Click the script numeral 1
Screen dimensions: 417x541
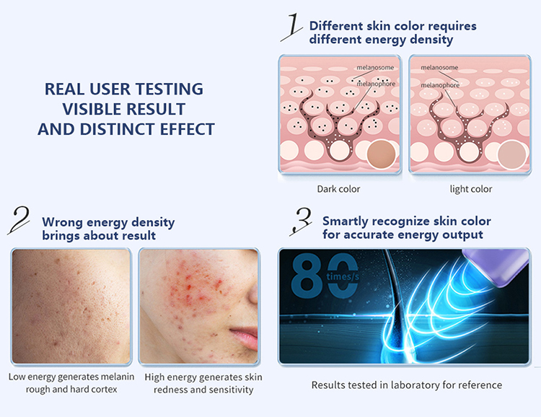(292, 27)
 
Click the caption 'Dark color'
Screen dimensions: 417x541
(338, 189)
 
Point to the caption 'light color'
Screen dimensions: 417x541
(470, 189)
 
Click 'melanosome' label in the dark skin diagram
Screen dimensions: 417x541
(375, 68)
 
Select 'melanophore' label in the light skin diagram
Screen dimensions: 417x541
(440, 85)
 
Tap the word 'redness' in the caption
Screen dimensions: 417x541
(167, 390)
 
